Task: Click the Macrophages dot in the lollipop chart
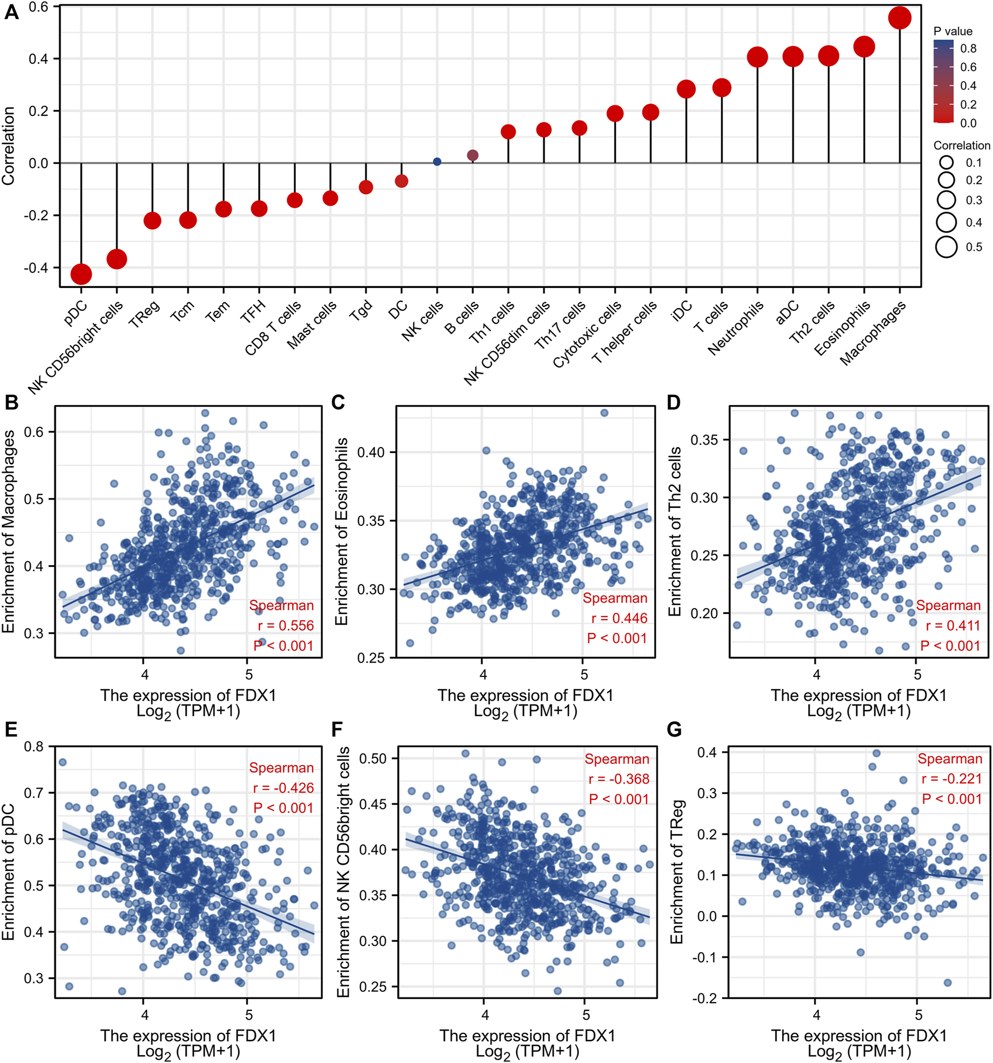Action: tap(899, 18)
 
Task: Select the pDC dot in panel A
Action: tap(81, 274)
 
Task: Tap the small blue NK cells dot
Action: tap(437, 162)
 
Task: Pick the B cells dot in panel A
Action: tap(472, 155)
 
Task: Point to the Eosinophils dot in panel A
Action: tap(864, 46)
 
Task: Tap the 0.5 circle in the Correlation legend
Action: tap(946, 247)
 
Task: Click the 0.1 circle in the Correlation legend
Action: tap(946, 162)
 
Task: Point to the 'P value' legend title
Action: tap(953, 31)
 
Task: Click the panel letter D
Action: tap(673, 403)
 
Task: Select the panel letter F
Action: tap(337, 729)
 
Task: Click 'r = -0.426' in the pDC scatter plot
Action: tap(283, 788)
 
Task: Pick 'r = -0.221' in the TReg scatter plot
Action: tap(952, 778)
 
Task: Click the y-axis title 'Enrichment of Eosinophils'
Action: tap(341, 531)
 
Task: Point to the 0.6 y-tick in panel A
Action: tap(38, 7)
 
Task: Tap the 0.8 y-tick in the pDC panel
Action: tap(34, 747)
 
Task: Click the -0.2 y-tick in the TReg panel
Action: tap(706, 999)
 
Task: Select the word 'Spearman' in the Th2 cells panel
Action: tap(948, 605)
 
